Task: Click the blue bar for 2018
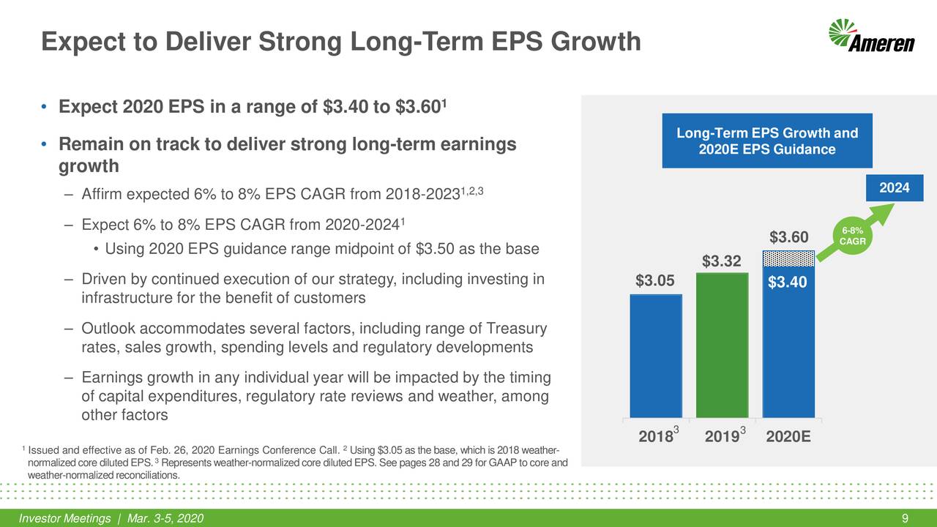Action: click(656, 356)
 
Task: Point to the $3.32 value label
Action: click(722, 261)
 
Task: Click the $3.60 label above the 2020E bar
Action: click(788, 238)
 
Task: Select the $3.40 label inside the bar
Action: click(788, 282)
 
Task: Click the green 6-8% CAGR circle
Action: click(852, 236)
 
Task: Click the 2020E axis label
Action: click(788, 437)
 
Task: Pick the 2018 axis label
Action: click(656, 437)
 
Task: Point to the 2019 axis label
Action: click(722, 437)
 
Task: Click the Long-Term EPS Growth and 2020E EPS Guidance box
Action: click(766, 141)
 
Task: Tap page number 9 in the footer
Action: click(906, 519)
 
